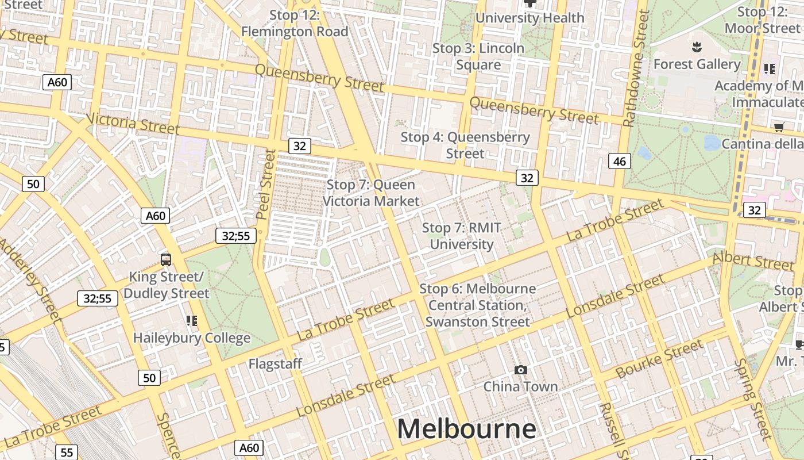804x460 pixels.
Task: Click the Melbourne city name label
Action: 466,430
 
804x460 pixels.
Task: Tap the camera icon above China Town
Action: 521,370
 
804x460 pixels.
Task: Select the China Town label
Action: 520,386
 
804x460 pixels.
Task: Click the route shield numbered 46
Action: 619,162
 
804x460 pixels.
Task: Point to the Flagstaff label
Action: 275,364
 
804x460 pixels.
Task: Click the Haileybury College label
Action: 192,338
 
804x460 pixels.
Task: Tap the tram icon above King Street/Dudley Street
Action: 166,260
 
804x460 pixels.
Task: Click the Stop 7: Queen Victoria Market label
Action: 371,193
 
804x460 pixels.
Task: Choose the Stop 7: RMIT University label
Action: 462,236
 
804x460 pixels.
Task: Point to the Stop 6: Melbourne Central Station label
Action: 478,305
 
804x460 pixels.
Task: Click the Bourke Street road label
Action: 659,359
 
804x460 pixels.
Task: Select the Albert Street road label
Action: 753,261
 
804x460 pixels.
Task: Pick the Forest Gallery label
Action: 697,64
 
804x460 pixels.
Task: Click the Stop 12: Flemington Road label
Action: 295,24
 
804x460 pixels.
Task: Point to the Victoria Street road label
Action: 133,124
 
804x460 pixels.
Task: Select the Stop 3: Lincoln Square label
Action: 478,56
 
